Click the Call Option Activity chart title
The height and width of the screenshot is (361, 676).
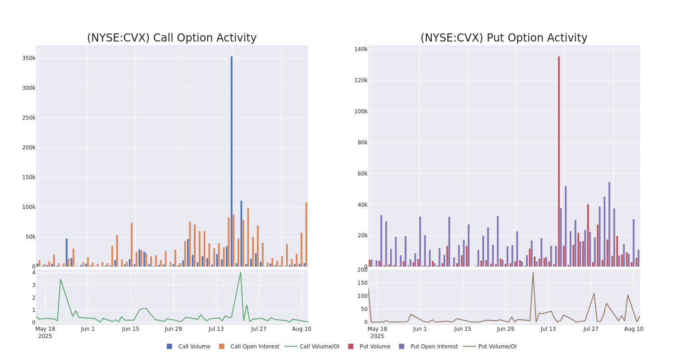coord(172,38)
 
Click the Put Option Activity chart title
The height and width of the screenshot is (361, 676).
coord(504,38)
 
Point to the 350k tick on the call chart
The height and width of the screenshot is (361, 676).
coord(29,58)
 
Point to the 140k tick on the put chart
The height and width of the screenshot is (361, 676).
coord(361,49)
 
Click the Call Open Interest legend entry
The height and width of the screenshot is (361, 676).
coord(255,347)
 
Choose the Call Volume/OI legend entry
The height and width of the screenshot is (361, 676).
coord(319,347)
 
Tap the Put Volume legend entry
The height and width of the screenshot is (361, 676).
coord(375,347)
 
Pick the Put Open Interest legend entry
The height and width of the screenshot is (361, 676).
coord(434,347)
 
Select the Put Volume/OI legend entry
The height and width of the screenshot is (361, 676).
coord(497,347)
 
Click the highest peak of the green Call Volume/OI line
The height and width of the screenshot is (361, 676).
coord(240,273)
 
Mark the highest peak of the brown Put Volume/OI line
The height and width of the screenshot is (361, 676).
coord(533,273)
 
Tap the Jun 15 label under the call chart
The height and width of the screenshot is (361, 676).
coord(131,329)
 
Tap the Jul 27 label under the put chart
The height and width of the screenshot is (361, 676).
coord(591,329)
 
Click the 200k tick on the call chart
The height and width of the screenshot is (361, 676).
coord(29,148)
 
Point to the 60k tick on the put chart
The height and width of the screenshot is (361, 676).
coord(361,174)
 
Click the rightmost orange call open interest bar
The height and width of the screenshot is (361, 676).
coord(306,234)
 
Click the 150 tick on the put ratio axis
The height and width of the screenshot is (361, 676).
coord(362,283)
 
